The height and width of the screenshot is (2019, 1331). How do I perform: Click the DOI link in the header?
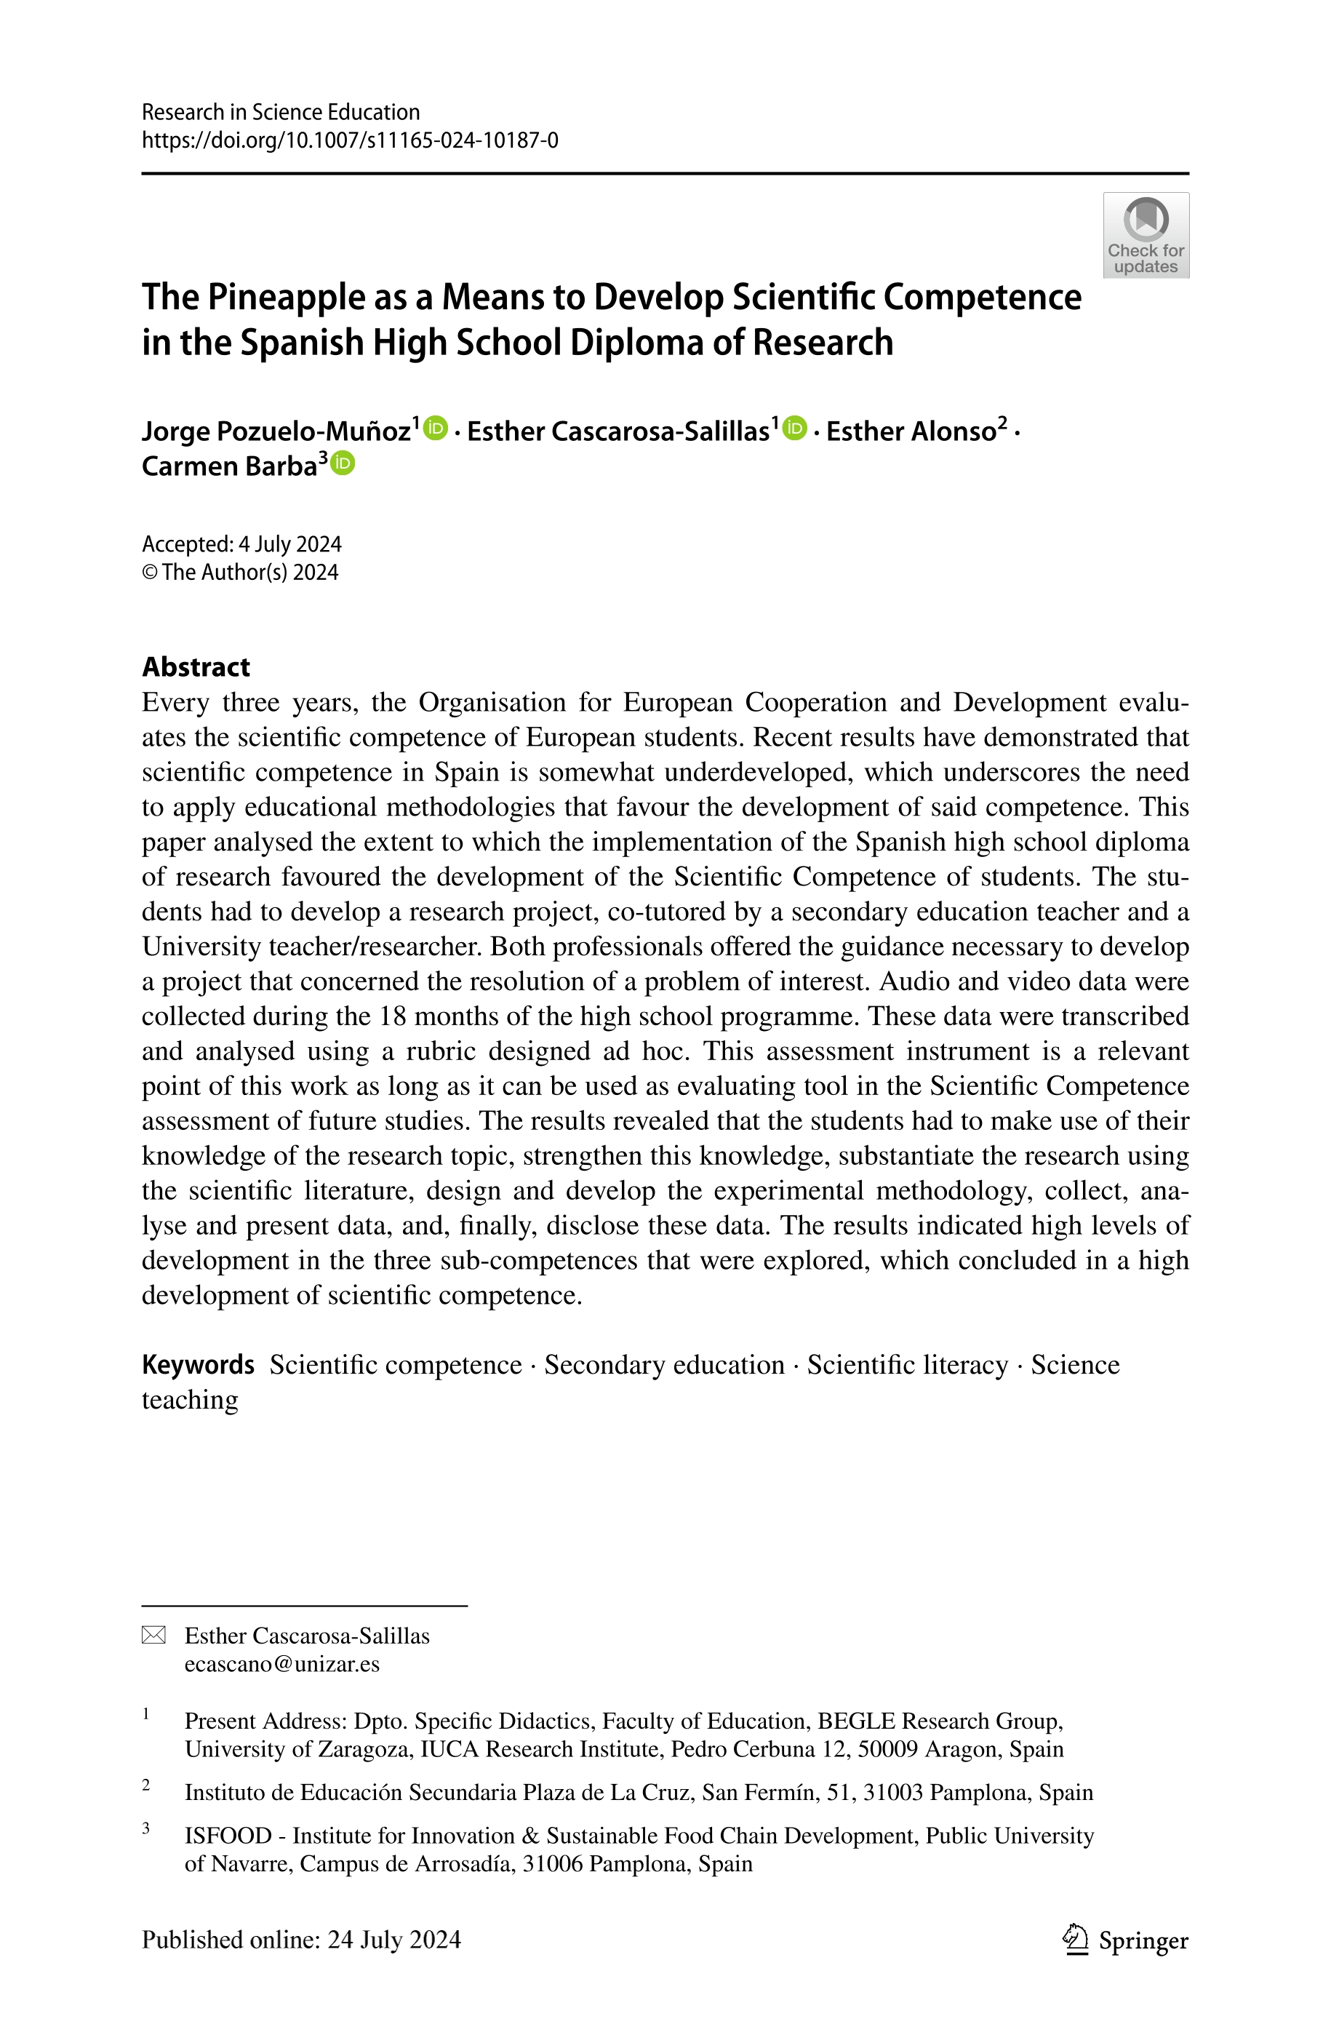[350, 140]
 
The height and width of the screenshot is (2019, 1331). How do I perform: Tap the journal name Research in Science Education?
[280, 112]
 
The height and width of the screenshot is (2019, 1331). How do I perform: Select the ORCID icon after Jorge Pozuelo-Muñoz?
[436, 428]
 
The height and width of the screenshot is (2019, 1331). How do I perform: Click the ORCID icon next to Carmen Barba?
[343, 463]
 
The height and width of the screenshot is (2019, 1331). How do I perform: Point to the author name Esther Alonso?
[911, 431]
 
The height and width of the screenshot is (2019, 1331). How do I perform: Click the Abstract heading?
[196, 666]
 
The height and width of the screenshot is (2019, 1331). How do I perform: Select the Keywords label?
[198, 1364]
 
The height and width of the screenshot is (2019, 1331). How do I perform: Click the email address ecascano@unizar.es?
[281, 1663]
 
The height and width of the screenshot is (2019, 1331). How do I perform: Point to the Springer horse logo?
[1076, 1939]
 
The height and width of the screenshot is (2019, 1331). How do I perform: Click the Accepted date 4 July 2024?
[289, 543]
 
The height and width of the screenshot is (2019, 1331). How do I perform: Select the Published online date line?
[301, 1939]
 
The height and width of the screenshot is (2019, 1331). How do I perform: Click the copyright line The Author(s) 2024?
[249, 573]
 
